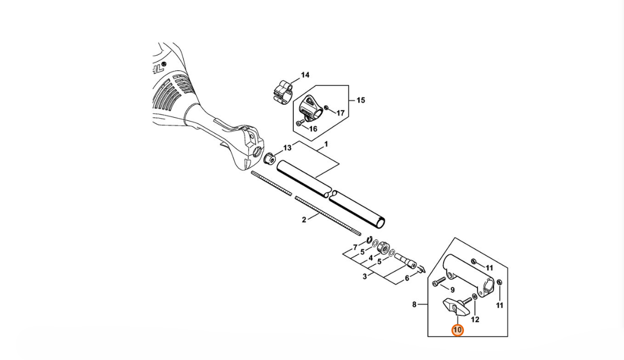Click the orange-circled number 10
457,330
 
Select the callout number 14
305,75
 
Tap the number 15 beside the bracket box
360,100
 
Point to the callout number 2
304,219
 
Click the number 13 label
287,148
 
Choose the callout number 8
414,305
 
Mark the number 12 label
475,319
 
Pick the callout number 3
365,276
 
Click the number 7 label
355,247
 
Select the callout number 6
407,278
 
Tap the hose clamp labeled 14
284,92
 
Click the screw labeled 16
300,123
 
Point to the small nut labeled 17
326,107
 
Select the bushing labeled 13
270,159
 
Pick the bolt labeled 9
438,282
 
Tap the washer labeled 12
475,298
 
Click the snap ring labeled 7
369,240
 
